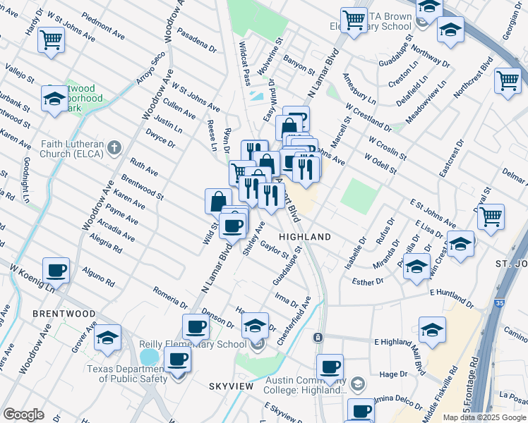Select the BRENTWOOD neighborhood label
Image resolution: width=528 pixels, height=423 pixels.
[x=64, y=312]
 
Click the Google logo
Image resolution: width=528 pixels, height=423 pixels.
[x=23, y=415]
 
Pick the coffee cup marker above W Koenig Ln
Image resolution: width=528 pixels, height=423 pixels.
[x=56, y=270]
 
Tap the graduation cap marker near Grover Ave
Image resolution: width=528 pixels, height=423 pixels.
[x=107, y=338]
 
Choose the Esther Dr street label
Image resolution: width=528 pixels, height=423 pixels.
[x=366, y=281]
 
